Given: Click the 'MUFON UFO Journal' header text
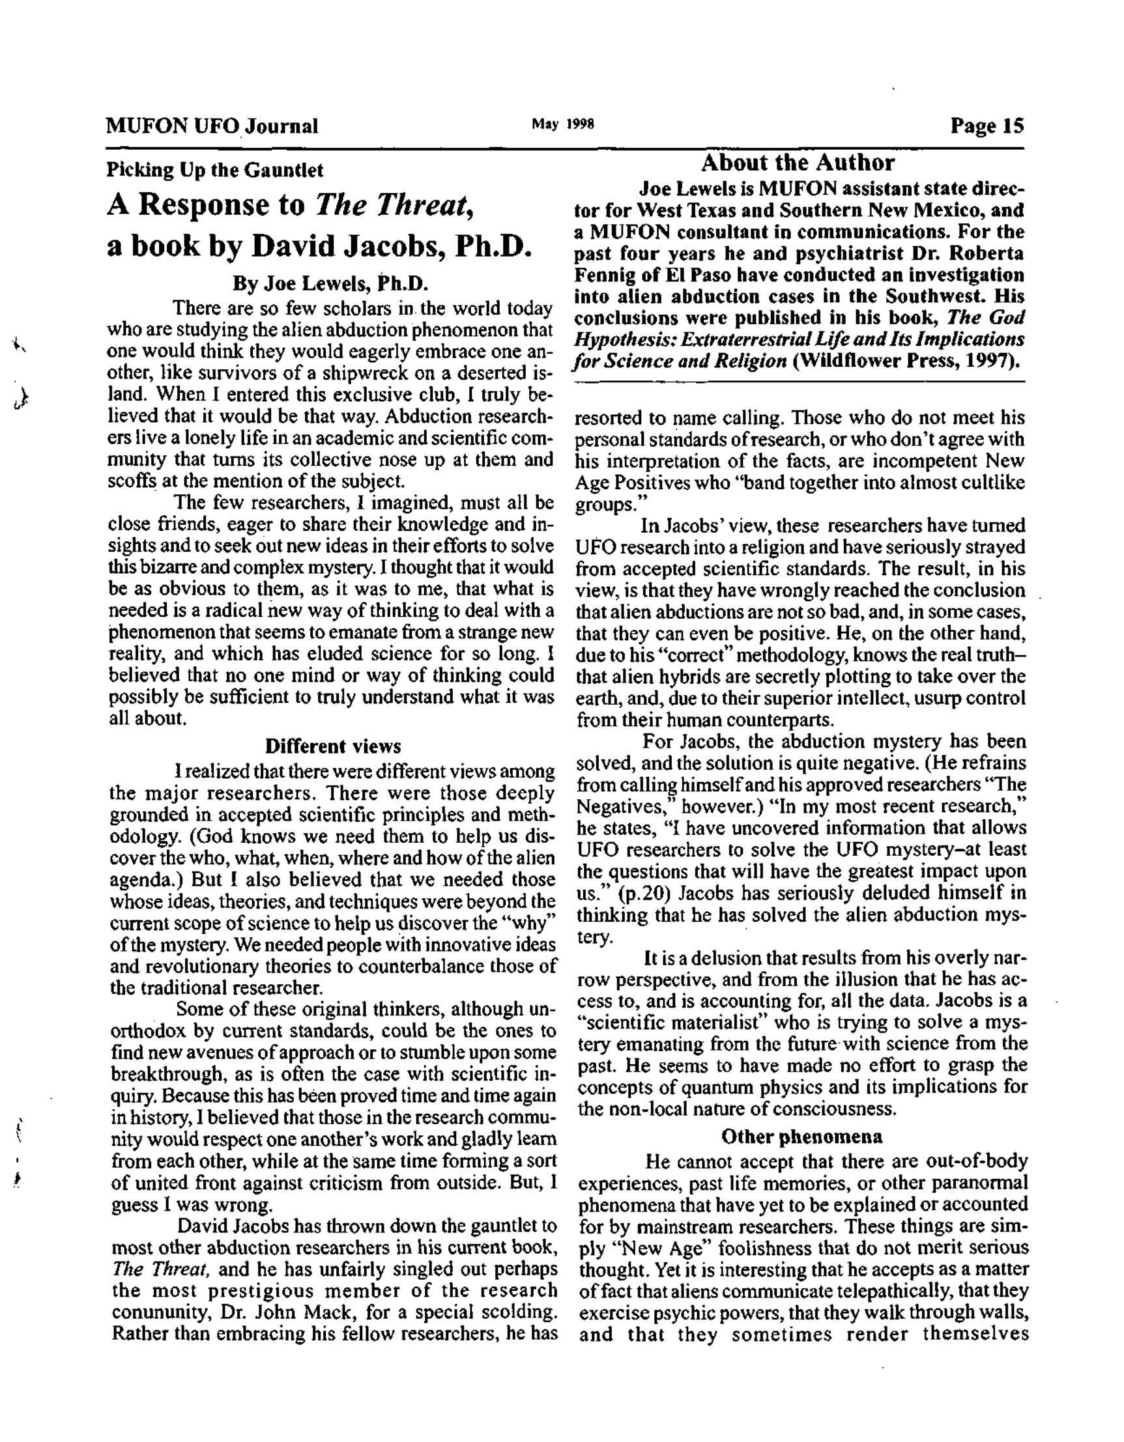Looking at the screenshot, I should pyautogui.click(x=212, y=126).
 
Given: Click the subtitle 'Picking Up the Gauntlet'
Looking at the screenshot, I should pyautogui.click(x=215, y=171).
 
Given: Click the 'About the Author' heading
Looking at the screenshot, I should pyautogui.click(x=797, y=162).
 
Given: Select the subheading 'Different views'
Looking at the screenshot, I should pyautogui.click(x=333, y=747).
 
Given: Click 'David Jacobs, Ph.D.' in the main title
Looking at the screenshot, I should pyautogui.click(x=392, y=246).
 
